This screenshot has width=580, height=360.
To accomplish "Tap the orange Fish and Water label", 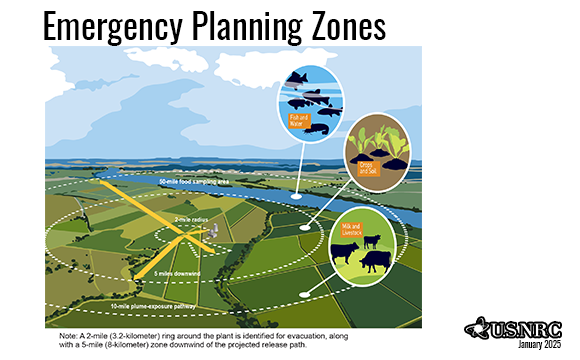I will (299, 120).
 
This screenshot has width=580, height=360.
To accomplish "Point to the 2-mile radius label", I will (191, 219).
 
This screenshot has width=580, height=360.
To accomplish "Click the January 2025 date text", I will (540, 346).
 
